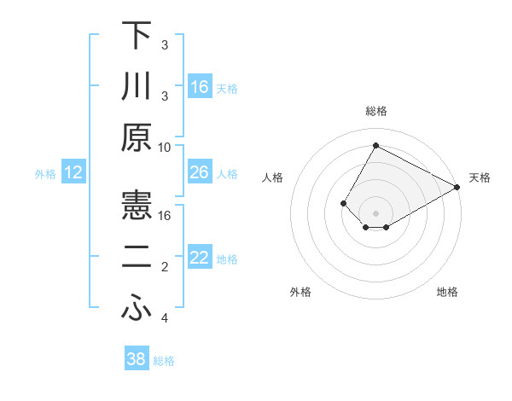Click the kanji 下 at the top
[x=137, y=38]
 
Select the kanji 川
[x=137, y=88]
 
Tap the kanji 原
[x=137, y=137]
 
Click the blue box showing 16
[x=199, y=87]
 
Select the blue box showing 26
[x=199, y=173]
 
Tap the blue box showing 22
[x=199, y=259]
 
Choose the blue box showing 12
[x=73, y=173]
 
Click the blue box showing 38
[x=136, y=359]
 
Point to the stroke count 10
[x=166, y=146]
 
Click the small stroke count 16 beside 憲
[x=166, y=215]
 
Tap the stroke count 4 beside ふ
[x=166, y=318]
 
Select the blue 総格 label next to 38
[x=164, y=361]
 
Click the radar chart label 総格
[x=375, y=112]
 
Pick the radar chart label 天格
[x=480, y=177]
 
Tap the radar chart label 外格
[x=300, y=292]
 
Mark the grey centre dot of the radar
[x=375, y=212]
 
